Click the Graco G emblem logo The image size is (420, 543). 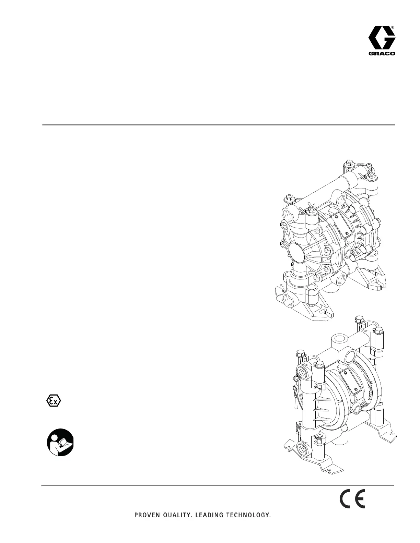pyautogui.click(x=382, y=38)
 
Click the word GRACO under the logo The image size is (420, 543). pyautogui.click(x=382, y=53)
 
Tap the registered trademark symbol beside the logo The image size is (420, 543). pyautogui.click(x=393, y=27)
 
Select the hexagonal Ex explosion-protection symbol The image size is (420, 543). pyautogui.click(x=54, y=401)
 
